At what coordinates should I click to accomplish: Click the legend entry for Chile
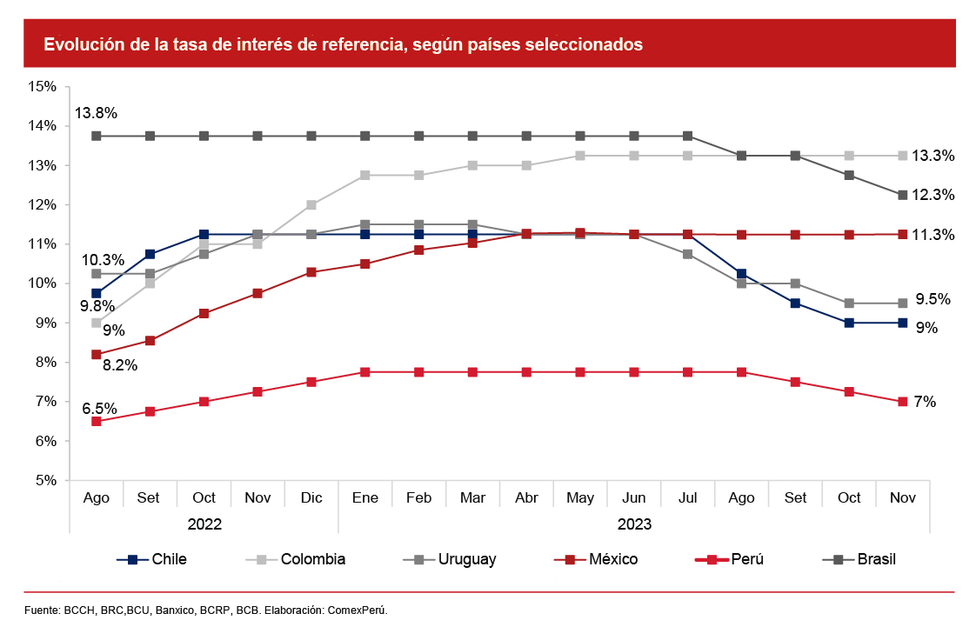coord(169,559)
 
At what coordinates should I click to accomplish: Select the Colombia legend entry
coord(312,559)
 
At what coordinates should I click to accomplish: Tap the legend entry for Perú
coord(747,559)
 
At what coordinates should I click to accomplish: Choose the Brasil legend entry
coord(876,559)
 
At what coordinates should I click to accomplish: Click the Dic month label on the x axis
coord(311,497)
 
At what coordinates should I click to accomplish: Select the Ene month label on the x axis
coord(364,497)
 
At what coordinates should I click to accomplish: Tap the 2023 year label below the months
coord(634,524)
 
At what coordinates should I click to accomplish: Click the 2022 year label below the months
coord(204,524)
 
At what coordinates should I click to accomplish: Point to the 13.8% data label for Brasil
coord(96,113)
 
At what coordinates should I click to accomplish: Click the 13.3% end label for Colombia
coord(933,156)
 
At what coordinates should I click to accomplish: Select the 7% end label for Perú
coord(925,402)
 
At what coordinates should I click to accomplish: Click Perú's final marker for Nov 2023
coord(903,402)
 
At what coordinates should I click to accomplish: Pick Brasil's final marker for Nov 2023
coord(903,195)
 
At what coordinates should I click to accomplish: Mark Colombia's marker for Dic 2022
coord(311,205)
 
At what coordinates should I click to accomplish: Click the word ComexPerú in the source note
coord(357,610)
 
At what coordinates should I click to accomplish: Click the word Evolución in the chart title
coord(82,44)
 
